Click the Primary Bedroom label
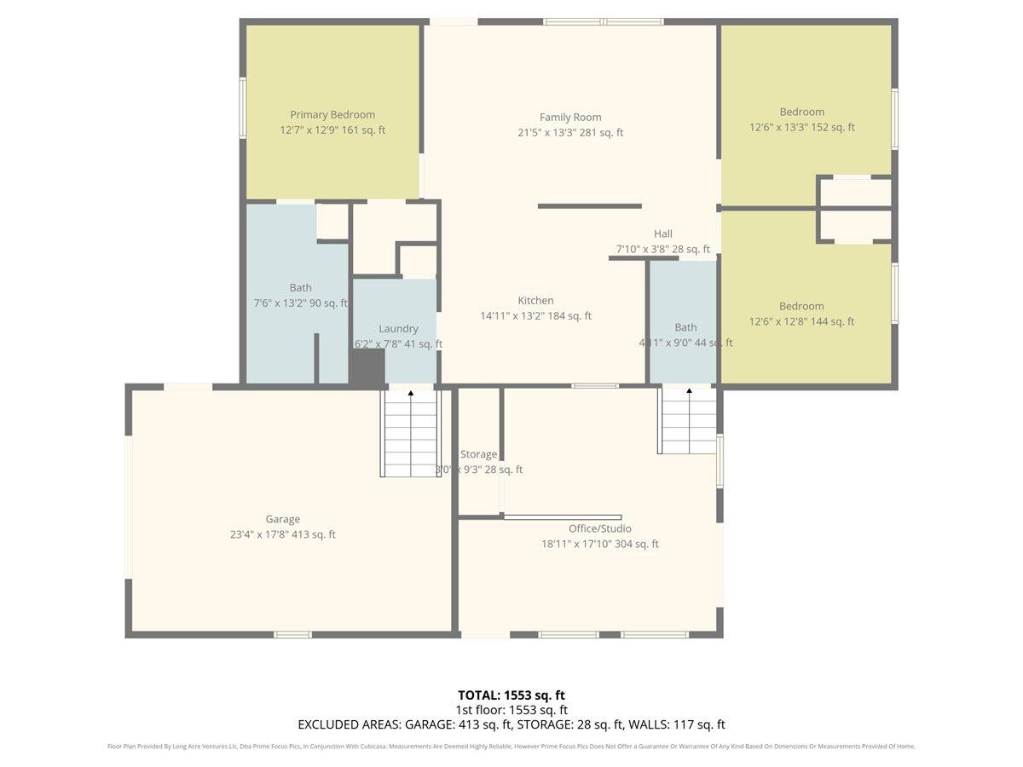coord(332,115)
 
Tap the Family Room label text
coord(570,118)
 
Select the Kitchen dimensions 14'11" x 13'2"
coord(535,316)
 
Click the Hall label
coord(663,234)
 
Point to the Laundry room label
coord(398,329)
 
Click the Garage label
coord(282,519)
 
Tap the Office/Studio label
coord(600,528)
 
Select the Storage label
coord(478,454)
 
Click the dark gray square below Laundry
coord(367,368)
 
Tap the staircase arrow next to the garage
coord(411,394)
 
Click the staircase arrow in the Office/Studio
coord(689,393)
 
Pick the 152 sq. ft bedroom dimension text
coord(801,128)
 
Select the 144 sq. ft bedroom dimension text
coord(801,322)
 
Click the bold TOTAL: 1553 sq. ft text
coord(511,695)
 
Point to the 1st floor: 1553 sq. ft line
coord(511,710)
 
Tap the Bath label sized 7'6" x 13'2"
coord(300,288)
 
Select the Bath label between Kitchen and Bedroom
coord(685,327)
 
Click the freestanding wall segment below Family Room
coord(589,205)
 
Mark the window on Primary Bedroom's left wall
coord(243,107)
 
